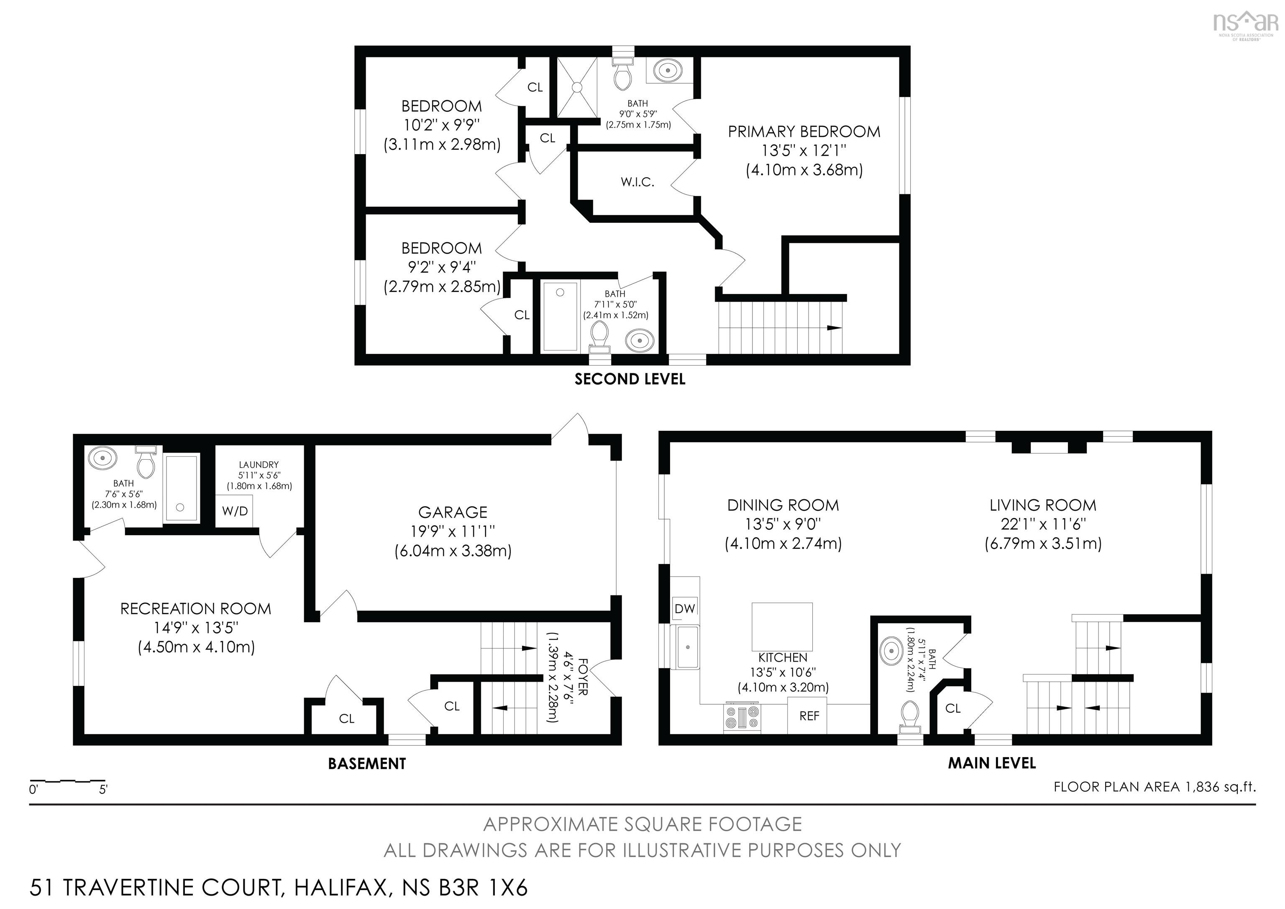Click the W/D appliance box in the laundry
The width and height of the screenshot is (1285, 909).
[235, 510]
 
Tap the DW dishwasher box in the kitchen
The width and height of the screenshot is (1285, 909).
[684, 609]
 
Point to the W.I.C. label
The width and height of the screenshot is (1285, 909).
[637, 182]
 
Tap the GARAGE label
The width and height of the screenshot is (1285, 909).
[453, 512]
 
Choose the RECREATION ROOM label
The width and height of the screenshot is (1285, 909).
[196, 609]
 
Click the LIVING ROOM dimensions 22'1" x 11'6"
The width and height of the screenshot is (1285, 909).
[1043, 524]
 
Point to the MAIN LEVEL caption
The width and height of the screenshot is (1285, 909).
[992, 763]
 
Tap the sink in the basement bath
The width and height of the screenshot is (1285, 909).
[103, 458]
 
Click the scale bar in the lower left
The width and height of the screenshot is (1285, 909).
[68, 780]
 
